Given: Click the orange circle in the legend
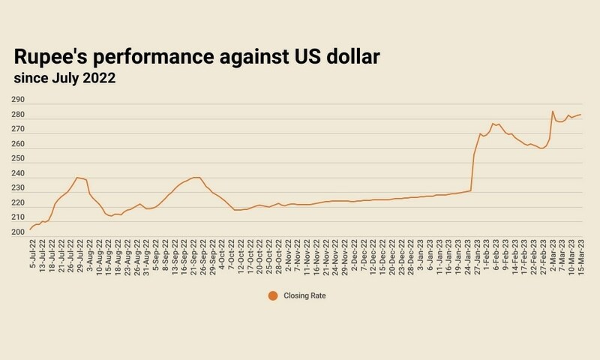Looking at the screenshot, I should [272, 296].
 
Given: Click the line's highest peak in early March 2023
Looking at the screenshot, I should [553, 111].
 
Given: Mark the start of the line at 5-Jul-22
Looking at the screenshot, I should [31, 229].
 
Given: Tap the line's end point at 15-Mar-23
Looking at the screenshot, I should [581, 115].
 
